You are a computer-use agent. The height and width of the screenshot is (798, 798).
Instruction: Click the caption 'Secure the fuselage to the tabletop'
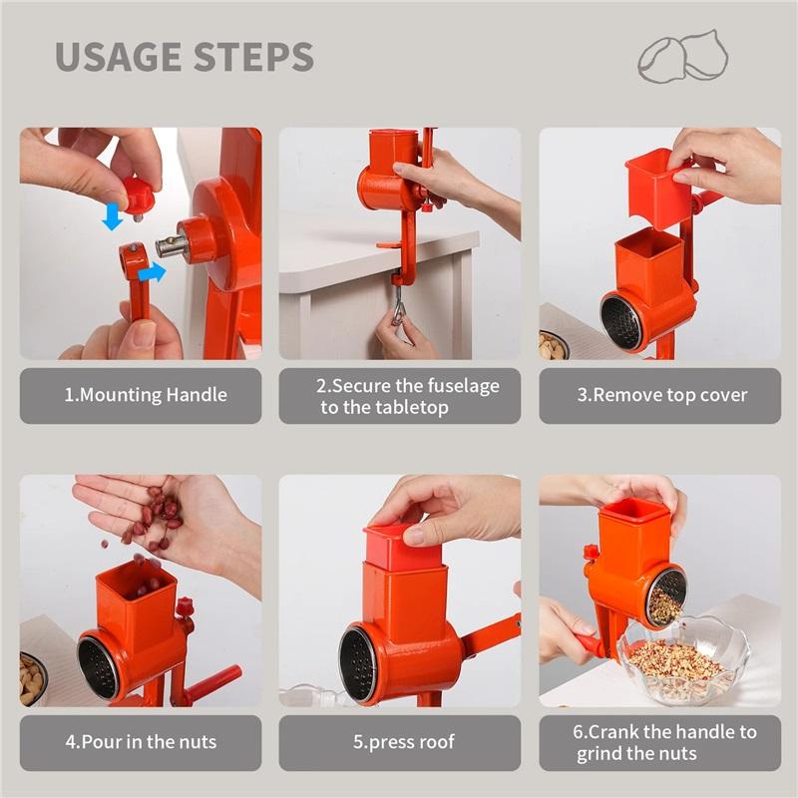400,396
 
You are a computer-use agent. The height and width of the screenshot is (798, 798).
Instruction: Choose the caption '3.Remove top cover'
661,395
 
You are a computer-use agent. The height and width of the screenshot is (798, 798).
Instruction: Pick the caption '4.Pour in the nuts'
141,742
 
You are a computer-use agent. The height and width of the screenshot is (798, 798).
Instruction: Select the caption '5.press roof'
400,742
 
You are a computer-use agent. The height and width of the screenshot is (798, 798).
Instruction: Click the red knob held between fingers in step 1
138,195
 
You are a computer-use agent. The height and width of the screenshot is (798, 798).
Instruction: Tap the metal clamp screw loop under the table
398,305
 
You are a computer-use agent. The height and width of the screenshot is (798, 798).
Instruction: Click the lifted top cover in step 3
658,188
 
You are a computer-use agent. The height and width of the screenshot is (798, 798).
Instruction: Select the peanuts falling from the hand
155,519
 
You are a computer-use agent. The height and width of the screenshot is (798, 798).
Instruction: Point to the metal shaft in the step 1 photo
171,245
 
